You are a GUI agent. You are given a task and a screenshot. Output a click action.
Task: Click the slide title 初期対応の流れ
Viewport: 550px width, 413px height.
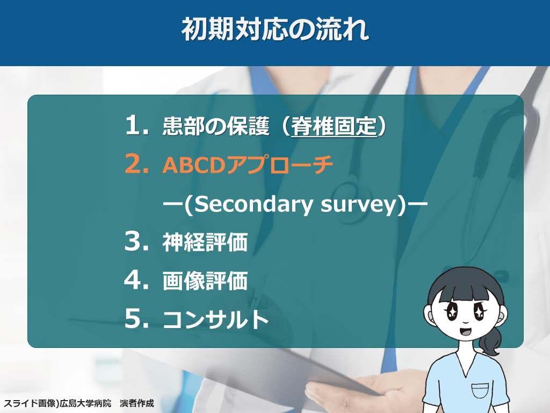pos(275,29)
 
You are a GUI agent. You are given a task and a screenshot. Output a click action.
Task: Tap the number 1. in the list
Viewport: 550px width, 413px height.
pos(137,125)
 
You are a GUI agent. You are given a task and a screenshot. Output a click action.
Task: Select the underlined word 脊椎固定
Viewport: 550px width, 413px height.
pos(334,126)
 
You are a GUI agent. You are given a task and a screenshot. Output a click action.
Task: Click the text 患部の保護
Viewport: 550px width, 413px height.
pos(216,126)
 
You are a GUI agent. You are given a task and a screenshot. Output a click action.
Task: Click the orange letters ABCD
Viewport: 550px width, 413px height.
pos(193,165)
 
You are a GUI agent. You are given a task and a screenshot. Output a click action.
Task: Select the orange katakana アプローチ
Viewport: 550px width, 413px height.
pos(279,165)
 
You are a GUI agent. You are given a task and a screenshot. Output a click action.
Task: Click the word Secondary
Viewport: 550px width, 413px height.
pos(252,204)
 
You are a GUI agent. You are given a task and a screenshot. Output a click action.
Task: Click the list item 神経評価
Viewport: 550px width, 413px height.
pos(205,242)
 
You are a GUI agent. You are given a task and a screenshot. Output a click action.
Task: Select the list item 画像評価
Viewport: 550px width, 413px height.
pos(205,281)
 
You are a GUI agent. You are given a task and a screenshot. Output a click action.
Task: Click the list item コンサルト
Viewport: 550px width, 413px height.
pos(216,319)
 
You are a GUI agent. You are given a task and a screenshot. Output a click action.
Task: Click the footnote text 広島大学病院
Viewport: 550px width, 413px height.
pos(85,403)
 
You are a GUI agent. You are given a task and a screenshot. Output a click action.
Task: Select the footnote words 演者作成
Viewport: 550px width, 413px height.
pos(137,403)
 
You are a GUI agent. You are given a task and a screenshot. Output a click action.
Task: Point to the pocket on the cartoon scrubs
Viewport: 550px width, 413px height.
pos(480,390)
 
